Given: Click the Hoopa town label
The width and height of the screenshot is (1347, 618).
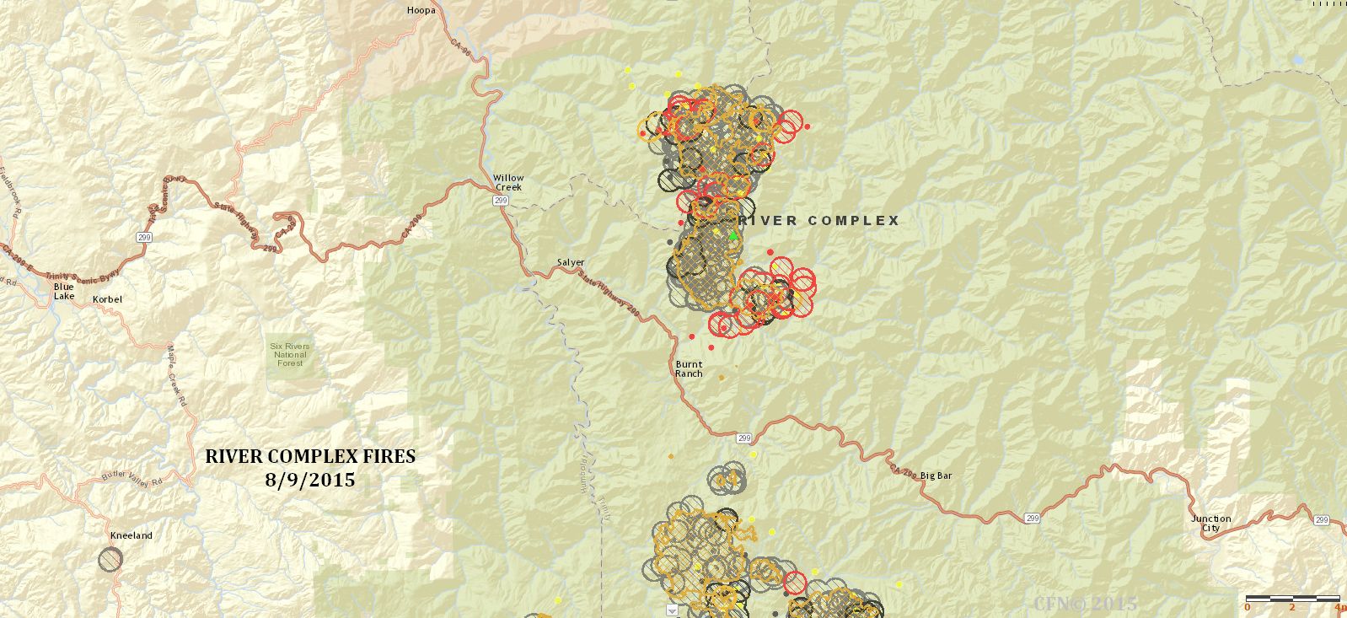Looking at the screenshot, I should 421,11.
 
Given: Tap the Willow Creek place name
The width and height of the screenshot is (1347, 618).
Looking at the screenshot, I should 508,182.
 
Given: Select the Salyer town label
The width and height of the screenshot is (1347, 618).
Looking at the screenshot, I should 571,262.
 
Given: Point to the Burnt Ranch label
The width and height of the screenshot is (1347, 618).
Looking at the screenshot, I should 689,369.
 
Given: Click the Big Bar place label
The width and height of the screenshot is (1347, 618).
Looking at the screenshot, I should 936,476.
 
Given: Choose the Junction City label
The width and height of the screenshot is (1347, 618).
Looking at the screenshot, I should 1210,524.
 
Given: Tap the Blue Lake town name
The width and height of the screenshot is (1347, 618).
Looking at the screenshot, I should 64,292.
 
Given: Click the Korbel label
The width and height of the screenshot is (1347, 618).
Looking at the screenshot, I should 107,299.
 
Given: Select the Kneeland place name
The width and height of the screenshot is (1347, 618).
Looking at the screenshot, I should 131,535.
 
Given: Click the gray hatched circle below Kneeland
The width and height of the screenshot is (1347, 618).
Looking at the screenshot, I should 110,559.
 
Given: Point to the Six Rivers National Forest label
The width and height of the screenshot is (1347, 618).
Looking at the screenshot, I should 290,354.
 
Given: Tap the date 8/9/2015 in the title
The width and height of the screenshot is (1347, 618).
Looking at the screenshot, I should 309,481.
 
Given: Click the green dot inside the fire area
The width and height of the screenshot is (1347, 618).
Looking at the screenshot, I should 733,236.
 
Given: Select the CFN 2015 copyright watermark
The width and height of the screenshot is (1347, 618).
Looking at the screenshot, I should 1085,604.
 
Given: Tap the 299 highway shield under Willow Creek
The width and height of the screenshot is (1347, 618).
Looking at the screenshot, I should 501,201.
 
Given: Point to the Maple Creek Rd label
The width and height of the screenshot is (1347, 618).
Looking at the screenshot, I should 175,375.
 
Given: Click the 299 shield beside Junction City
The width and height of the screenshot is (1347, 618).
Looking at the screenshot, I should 1321,520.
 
